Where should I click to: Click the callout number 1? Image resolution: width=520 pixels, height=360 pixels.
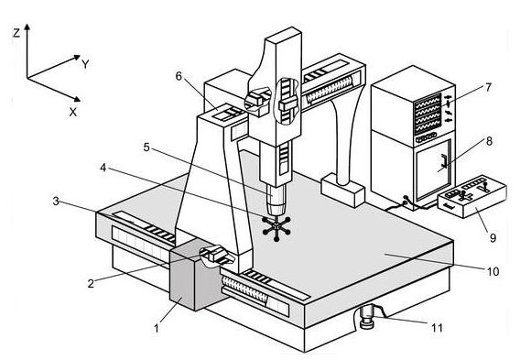157,329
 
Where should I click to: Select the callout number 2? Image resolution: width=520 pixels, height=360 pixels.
91,283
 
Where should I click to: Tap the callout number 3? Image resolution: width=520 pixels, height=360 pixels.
56,202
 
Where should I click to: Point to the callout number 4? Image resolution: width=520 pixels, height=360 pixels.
103,168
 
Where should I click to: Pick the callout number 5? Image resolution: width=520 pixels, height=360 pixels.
146,147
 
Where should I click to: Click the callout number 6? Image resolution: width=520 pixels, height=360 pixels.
179,76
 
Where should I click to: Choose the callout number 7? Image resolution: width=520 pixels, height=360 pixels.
488,88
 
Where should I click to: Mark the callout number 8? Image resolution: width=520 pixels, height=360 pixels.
489,141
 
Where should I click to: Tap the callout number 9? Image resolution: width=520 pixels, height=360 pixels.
493,237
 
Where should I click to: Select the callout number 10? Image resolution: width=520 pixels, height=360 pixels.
493,271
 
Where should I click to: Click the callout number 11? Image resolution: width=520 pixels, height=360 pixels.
437,328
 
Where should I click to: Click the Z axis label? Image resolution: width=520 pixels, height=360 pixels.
16,33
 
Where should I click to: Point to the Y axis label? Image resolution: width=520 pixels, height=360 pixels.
85,64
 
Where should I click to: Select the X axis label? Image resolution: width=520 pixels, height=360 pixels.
73,112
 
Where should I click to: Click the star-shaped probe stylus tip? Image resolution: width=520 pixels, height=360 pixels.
276,227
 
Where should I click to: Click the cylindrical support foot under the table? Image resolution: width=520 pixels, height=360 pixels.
367,317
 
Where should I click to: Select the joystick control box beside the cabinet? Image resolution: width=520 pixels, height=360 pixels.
472,196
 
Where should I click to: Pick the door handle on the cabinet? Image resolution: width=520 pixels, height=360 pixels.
444,160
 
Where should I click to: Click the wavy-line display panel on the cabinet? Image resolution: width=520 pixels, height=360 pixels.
428,114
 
